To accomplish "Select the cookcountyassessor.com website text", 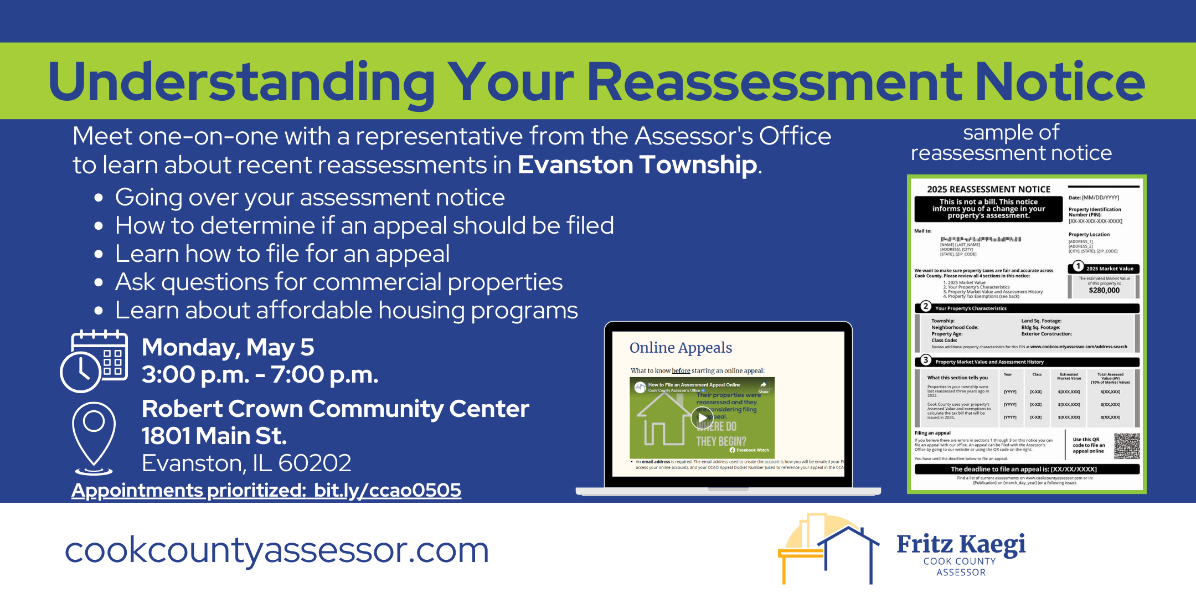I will click(277, 550).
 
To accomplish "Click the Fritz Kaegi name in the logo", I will click(961, 544).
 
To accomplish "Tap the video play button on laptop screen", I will click(702, 418).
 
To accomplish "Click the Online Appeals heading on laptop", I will click(681, 348).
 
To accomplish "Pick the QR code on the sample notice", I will click(1127, 446).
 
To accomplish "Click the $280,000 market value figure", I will click(1104, 290).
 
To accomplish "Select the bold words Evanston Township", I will click(637, 165).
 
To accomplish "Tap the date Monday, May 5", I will click(228, 348).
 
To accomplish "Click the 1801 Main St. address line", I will click(214, 436).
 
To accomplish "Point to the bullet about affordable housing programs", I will click(346, 311).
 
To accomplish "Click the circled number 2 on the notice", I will click(925, 307).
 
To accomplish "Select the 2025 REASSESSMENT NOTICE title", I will click(988, 189).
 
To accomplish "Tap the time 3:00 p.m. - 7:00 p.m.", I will click(260, 375).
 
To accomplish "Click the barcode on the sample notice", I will click(980, 239).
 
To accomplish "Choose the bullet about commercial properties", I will click(338, 282).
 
